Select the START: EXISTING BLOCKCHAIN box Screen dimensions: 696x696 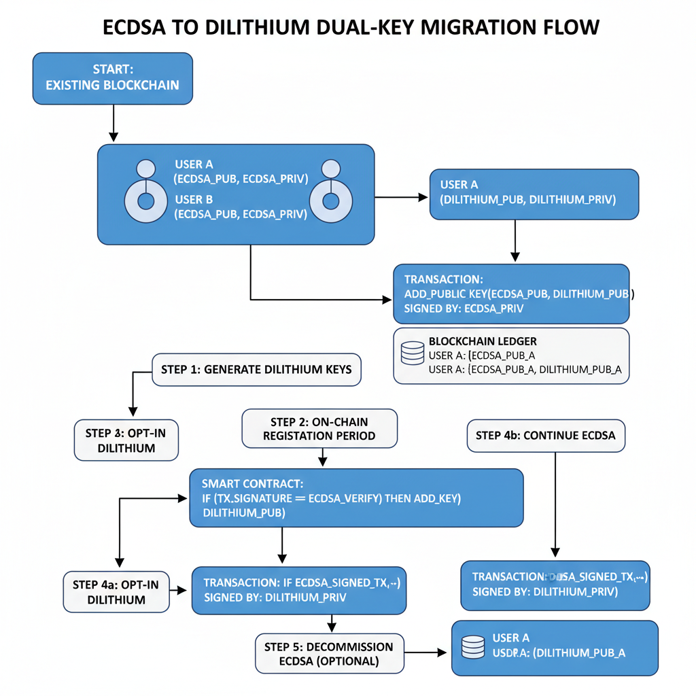tap(112, 78)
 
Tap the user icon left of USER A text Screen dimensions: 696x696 tap(145, 193)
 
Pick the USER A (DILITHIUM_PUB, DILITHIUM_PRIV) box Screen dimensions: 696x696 tap(534, 194)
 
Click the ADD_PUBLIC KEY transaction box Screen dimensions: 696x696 tap(511, 294)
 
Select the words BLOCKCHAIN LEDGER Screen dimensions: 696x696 tap(483, 341)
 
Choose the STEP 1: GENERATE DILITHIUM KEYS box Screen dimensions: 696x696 tap(256, 370)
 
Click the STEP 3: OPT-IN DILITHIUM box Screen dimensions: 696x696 tap(126, 440)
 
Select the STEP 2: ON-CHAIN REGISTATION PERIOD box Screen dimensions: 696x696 tap(319, 428)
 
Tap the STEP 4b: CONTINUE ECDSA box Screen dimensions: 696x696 tap(546, 435)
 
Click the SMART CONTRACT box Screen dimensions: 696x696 tap(356, 498)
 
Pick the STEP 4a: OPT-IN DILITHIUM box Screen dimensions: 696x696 tap(116, 591)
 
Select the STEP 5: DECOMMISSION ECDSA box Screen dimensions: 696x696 tap(329, 653)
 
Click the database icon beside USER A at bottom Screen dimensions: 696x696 tap(472, 646)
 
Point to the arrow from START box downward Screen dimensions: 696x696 tap(114, 123)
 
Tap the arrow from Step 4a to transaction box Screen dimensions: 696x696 tap(180, 591)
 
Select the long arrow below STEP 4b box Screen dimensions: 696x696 tap(555, 503)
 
